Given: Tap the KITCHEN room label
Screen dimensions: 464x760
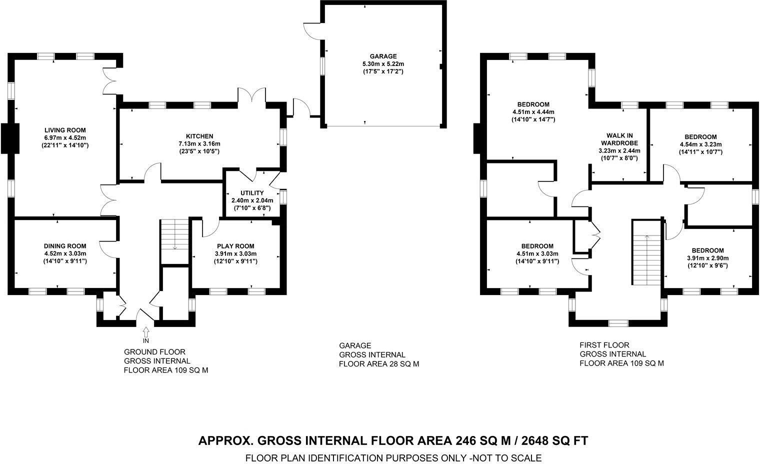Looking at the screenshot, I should (199, 136).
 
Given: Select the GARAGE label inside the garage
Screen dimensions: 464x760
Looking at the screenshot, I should (383, 56).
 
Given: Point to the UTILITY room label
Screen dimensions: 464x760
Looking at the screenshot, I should (252, 193).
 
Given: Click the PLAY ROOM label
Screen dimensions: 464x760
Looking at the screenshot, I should (235, 246).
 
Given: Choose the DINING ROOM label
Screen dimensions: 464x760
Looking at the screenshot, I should (65, 246).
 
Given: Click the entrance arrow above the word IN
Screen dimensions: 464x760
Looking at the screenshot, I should (146, 331).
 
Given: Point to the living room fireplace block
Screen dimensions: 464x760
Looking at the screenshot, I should (8, 138).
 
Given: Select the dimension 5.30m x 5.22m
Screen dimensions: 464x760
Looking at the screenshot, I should (383, 64).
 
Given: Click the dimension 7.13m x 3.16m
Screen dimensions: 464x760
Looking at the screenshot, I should (199, 143).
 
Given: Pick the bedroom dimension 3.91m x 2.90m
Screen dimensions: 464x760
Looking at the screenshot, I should (707, 258).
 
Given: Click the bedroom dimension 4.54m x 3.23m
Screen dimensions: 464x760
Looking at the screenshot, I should (700, 144).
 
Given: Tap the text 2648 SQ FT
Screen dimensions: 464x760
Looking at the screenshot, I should (555, 440).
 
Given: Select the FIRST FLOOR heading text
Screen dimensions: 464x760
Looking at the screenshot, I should (604, 345).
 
